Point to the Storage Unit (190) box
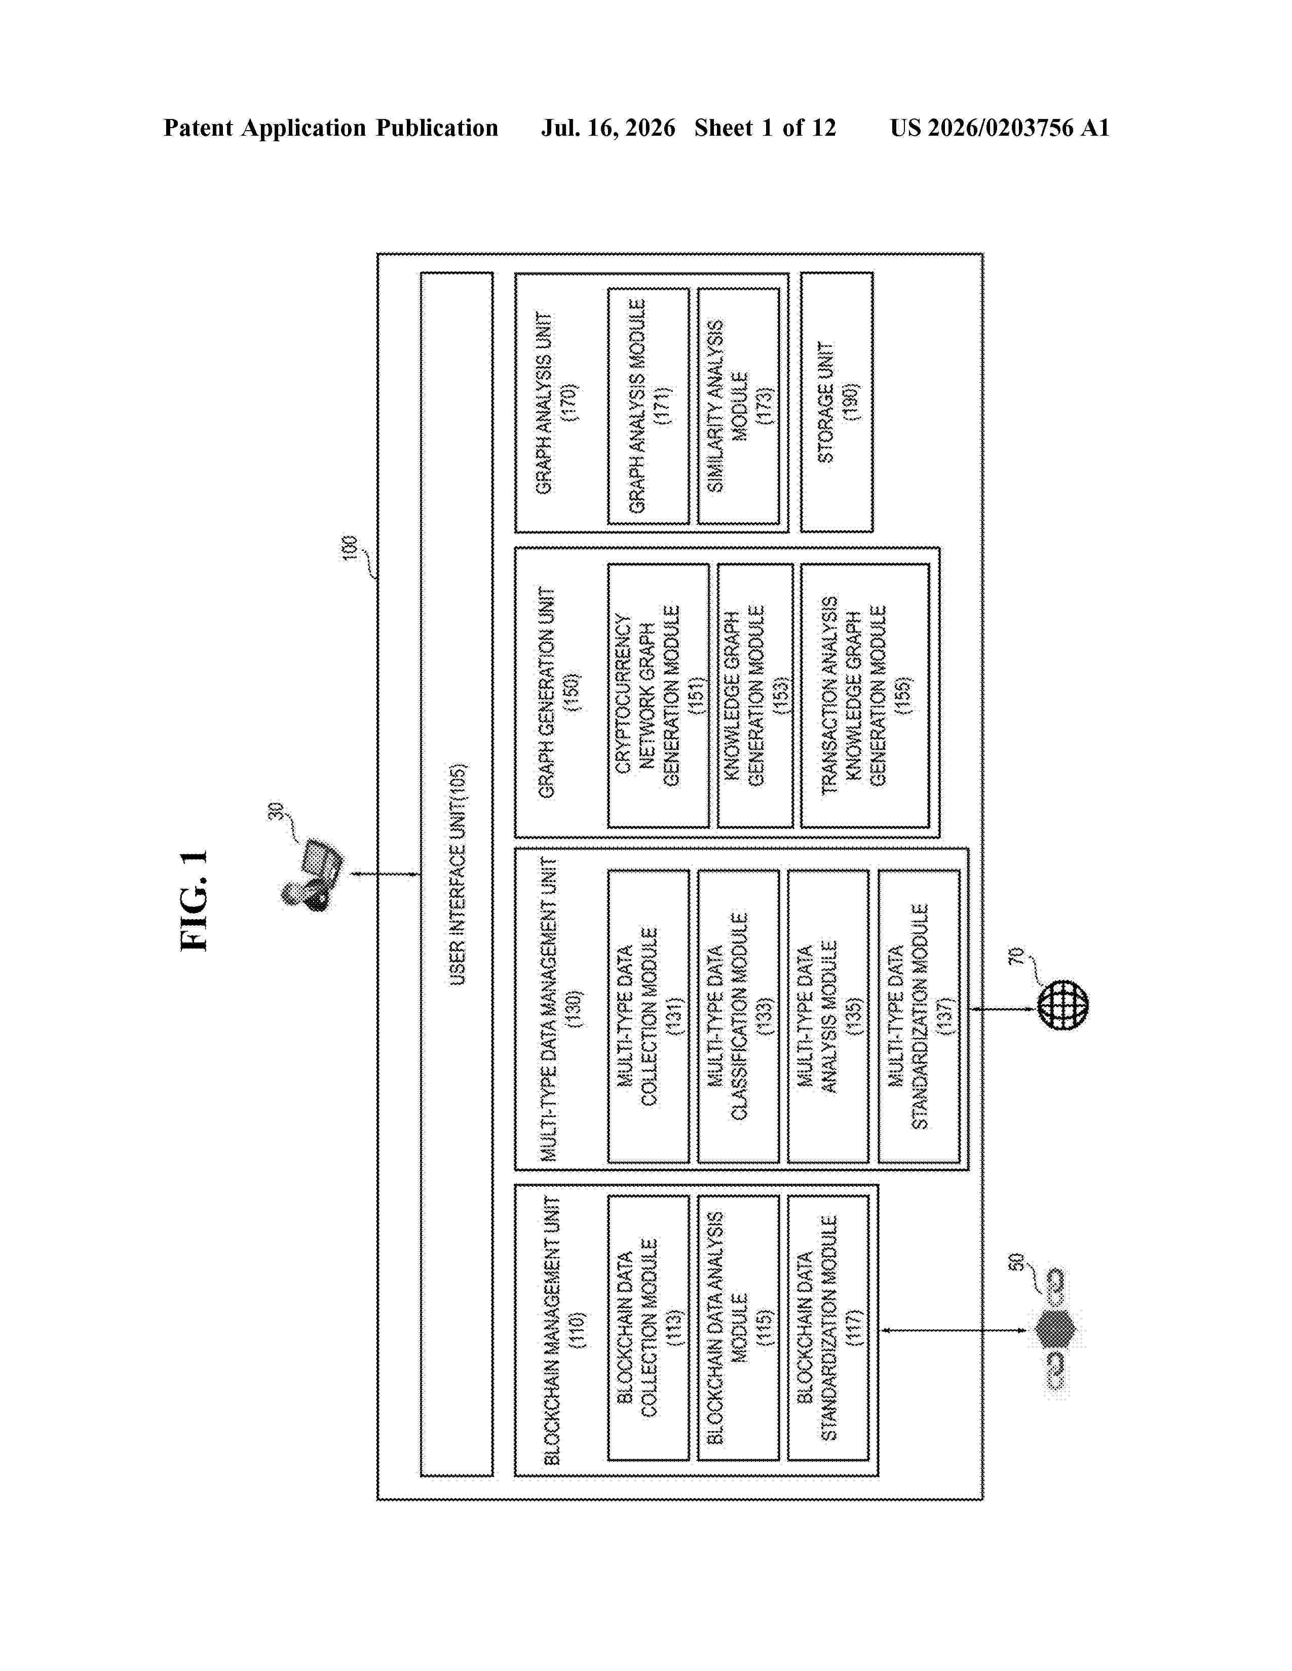pyautogui.click(x=837, y=403)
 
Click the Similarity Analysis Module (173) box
pyautogui.click(x=738, y=406)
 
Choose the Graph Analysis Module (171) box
pyautogui.click(x=649, y=406)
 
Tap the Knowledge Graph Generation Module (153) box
pyautogui.click(x=755, y=695)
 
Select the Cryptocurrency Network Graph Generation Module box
pyautogui.click(x=658, y=695)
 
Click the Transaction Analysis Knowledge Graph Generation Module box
pyautogui.click(x=865, y=695)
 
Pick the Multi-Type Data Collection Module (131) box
pyautogui.click(x=649, y=1016)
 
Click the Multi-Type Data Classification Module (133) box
pyautogui.click(x=738, y=1016)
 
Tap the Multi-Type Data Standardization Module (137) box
pyautogui.click(x=919, y=1016)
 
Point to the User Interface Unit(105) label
pyautogui.click(x=457, y=874)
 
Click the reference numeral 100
pyautogui.click(x=350, y=548)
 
